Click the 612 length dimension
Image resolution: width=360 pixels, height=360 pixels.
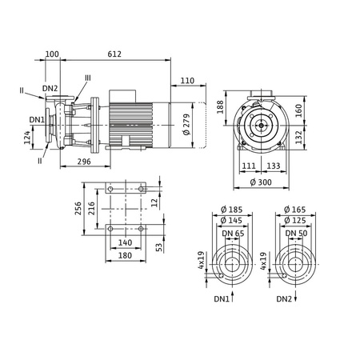point(114,54)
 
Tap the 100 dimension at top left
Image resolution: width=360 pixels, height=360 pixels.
point(52,54)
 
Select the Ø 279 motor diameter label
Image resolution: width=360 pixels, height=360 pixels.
point(186,125)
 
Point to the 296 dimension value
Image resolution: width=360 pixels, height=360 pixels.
point(84,162)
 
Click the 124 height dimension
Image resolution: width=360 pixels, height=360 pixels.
point(27,138)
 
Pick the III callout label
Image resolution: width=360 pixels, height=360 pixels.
point(88,78)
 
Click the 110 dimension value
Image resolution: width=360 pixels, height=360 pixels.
point(187,81)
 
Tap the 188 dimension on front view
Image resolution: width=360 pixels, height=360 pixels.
point(220,107)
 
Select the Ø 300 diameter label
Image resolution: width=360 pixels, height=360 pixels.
point(261,182)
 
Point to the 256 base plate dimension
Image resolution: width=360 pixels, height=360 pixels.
point(78,208)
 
